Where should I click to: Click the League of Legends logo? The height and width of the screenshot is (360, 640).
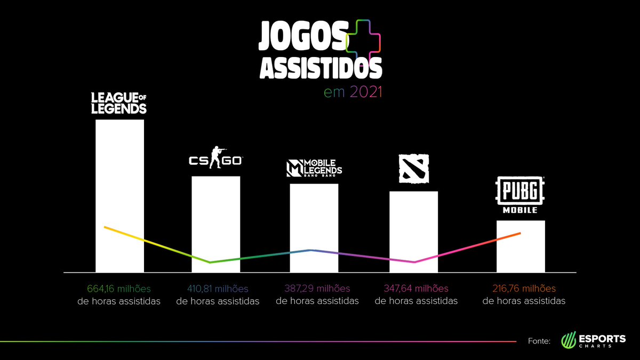(x=119, y=103)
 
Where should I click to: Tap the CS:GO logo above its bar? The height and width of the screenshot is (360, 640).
(x=216, y=158)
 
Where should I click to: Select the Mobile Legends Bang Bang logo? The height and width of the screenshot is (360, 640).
(x=314, y=169)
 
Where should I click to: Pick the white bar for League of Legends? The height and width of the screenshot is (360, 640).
(x=119, y=195)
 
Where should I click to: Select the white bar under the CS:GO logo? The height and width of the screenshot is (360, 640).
(x=216, y=223)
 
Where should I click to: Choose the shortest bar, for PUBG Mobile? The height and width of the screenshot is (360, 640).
(x=521, y=246)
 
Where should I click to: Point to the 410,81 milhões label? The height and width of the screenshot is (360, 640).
(x=218, y=289)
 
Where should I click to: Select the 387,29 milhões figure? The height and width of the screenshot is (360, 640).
(x=317, y=289)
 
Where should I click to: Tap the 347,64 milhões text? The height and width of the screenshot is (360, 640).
(x=416, y=289)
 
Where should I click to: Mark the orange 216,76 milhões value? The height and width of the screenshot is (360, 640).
(x=524, y=289)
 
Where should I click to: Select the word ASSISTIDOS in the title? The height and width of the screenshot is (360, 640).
(x=320, y=68)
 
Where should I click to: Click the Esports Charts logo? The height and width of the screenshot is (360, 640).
(x=594, y=340)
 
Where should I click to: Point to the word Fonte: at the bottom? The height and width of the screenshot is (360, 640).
(x=539, y=341)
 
